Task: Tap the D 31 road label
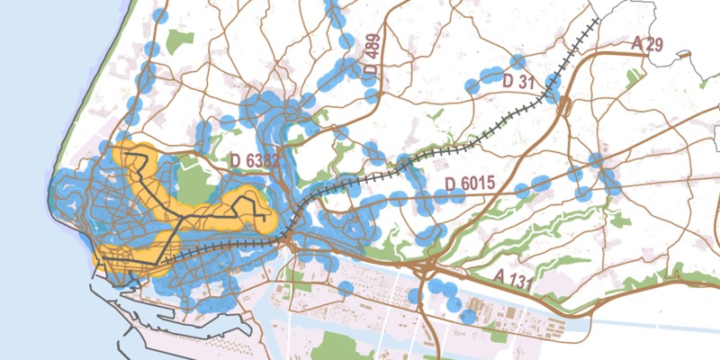pos(518,82)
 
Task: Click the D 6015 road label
pos(471,184)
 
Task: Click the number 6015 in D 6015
pos(478,184)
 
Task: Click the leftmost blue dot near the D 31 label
pos(472,86)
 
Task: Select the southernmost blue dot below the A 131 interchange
pos(468,317)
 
